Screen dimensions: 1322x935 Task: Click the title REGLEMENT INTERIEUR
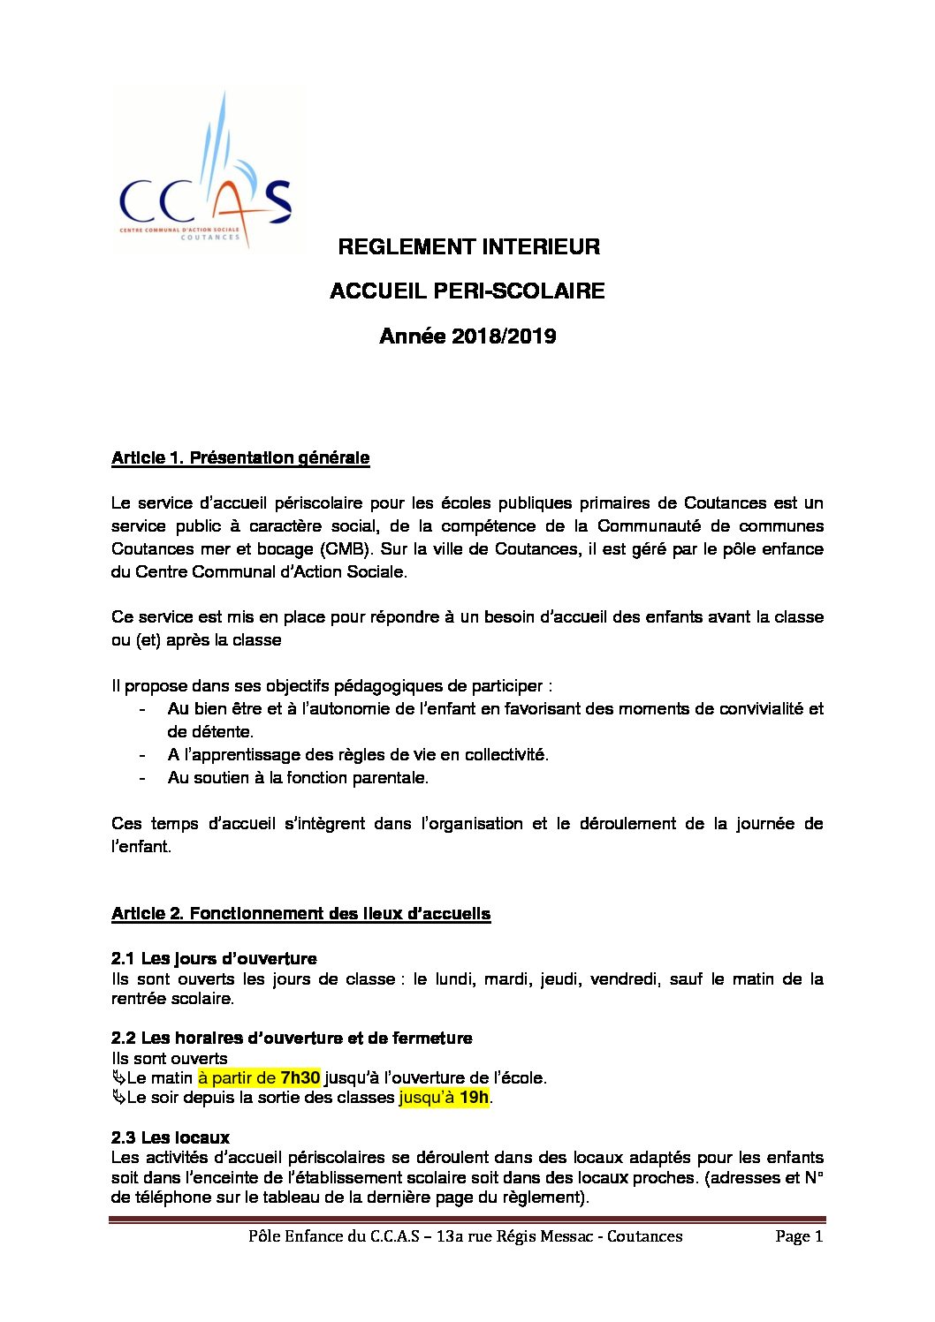pos(468,247)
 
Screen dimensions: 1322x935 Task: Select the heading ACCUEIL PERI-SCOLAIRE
pos(467,291)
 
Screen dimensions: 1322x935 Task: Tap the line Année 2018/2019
pos(467,336)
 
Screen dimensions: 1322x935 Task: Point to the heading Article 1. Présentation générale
pos(240,457)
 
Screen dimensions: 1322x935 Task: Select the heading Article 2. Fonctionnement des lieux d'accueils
pos(300,913)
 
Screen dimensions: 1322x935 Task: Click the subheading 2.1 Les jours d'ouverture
pos(214,958)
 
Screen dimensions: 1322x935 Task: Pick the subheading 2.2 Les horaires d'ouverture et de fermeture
pos(292,1038)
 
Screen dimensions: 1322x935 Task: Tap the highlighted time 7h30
pos(300,1077)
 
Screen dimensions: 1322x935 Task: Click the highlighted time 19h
pos(474,1098)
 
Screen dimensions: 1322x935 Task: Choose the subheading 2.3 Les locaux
pos(171,1137)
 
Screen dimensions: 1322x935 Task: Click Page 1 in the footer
pos(798,1236)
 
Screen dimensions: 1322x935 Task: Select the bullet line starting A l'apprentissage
pos(358,754)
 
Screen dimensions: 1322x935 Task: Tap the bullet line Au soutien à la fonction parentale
pos(298,777)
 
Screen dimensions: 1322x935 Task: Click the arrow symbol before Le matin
pos(118,1077)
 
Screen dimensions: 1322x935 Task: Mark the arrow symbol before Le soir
pos(118,1098)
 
